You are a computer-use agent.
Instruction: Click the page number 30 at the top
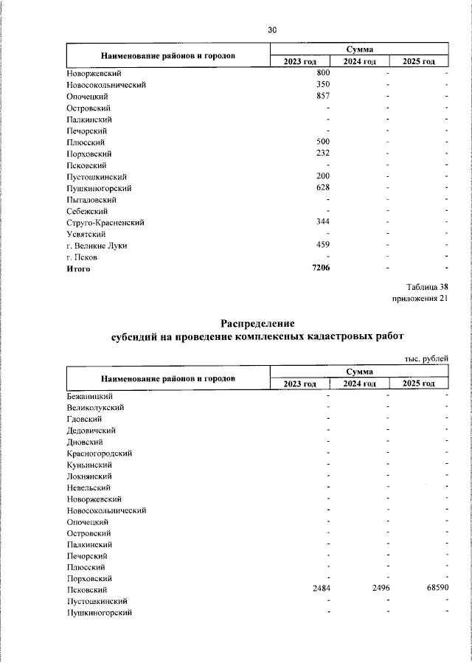(x=272, y=30)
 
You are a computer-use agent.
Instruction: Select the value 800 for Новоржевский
(x=322, y=73)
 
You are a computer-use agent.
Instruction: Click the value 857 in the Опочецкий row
(x=322, y=97)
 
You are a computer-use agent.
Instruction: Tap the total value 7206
(x=321, y=268)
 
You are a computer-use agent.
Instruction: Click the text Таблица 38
(x=426, y=287)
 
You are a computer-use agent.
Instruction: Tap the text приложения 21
(x=419, y=299)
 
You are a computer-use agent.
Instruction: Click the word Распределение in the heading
(x=257, y=324)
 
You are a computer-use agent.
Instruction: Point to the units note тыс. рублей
(x=426, y=358)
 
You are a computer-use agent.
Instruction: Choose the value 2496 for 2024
(x=380, y=589)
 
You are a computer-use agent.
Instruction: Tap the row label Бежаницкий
(x=89, y=396)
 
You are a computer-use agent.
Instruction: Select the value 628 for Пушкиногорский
(x=322, y=188)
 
